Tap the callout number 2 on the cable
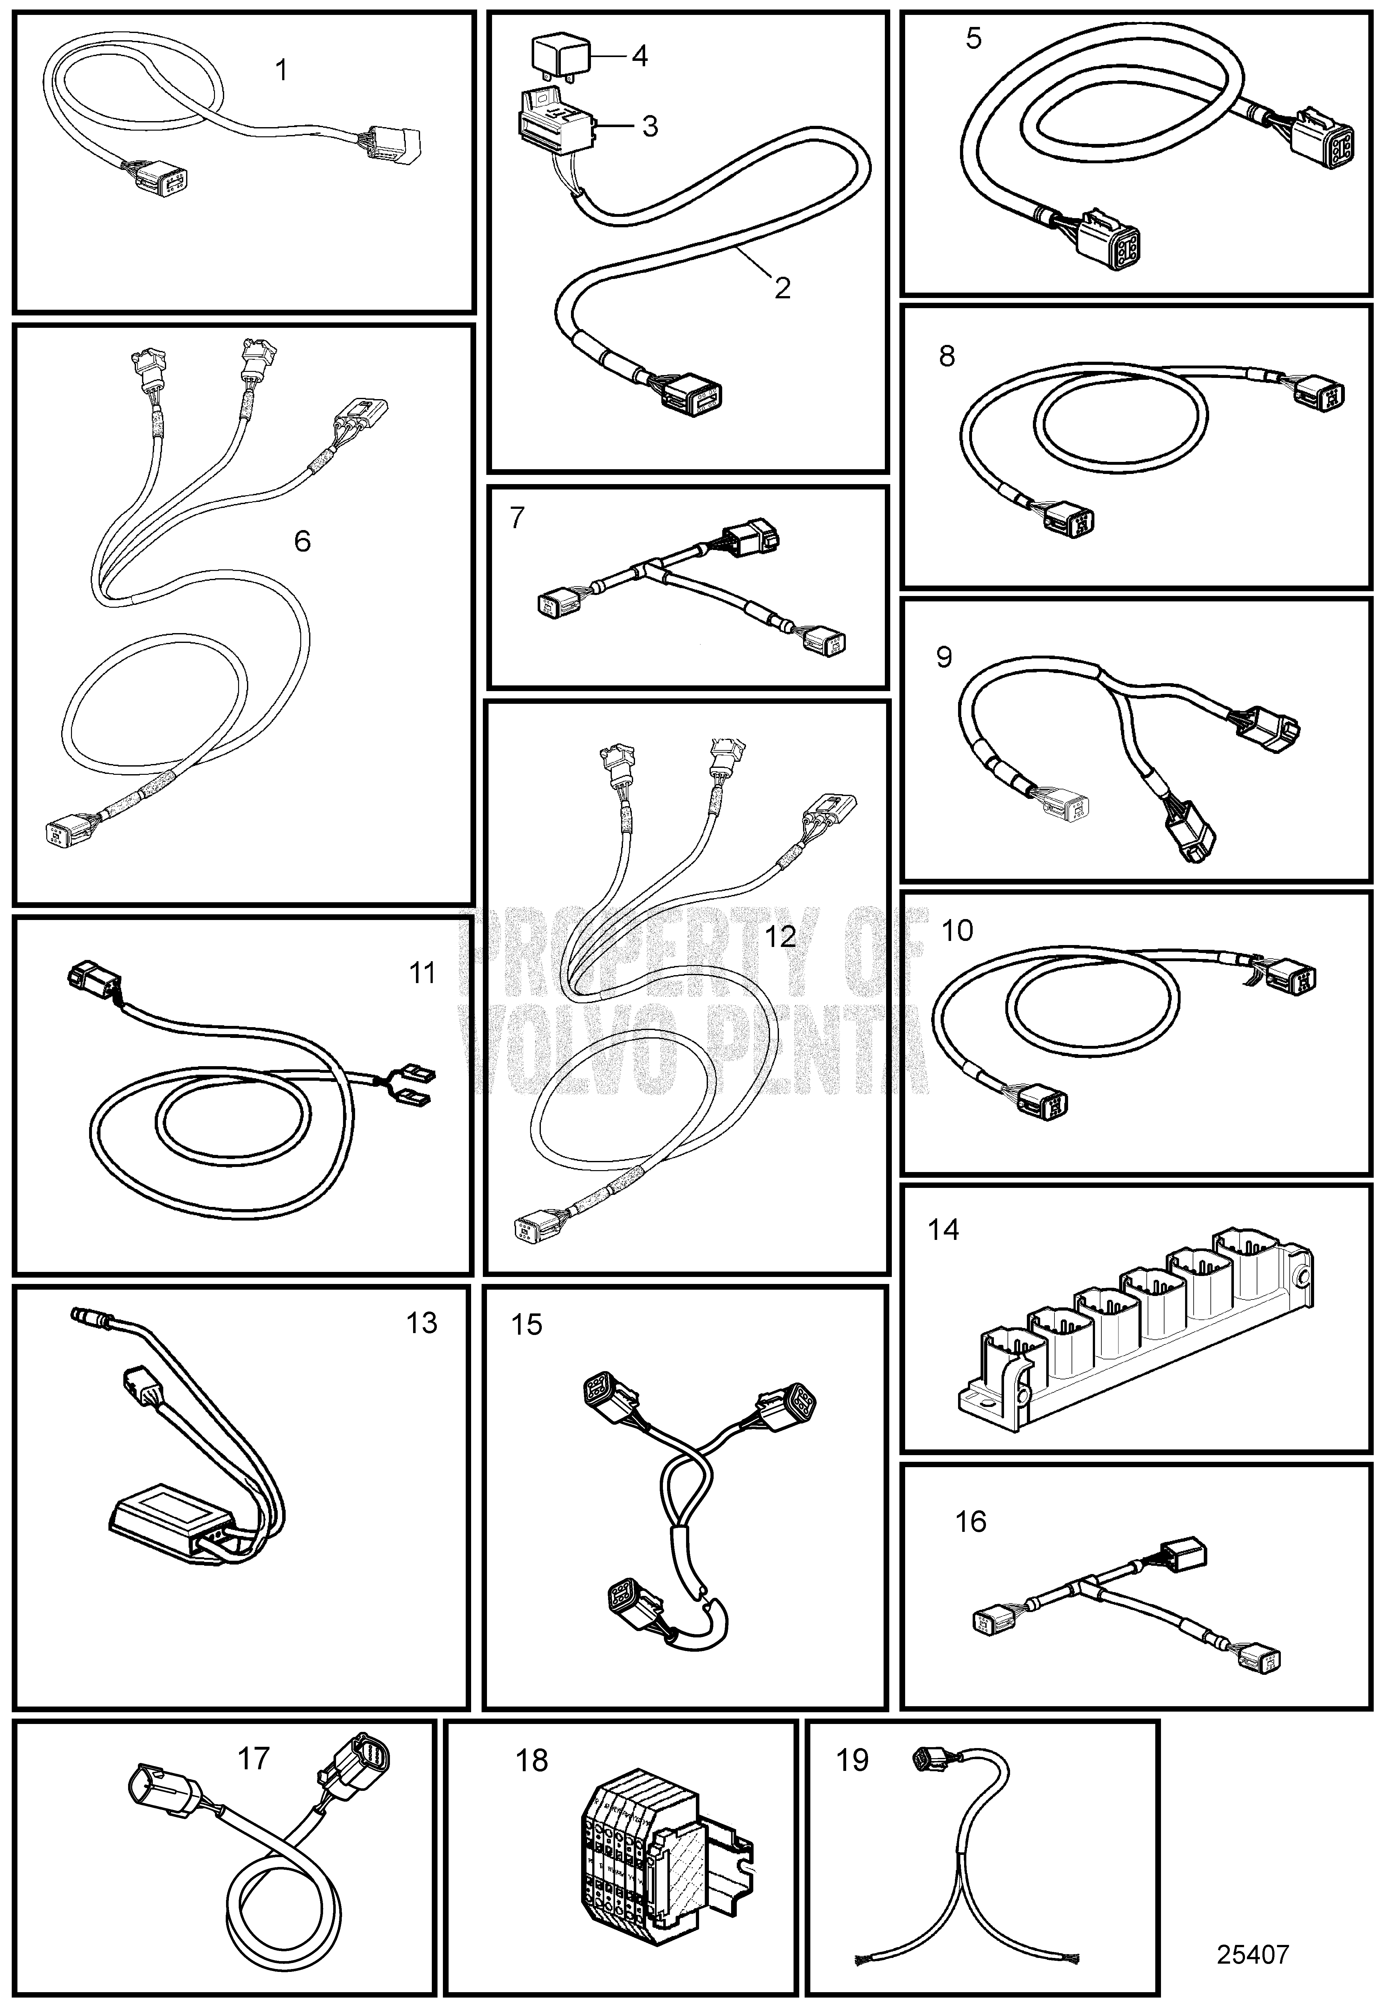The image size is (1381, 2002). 782,288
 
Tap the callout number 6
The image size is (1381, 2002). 302,541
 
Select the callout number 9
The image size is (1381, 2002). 944,658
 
